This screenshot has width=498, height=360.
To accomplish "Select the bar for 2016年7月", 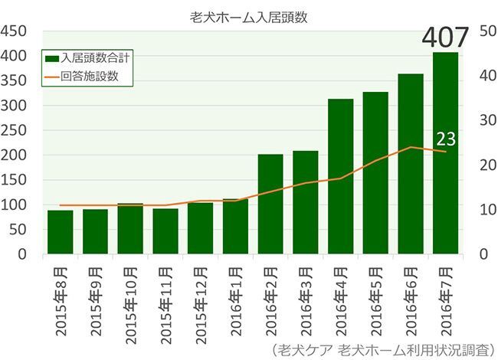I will coord(445,153).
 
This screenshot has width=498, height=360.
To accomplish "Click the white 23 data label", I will coord(446,139).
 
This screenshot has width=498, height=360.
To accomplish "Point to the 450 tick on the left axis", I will coord(15,31).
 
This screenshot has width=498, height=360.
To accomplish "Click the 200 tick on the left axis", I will coord(15,155).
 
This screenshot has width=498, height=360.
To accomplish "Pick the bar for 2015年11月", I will coord(165,231).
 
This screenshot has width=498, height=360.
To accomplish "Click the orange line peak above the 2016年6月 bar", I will coord(411,147).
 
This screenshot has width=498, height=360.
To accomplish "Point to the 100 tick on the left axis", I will coord(15,205).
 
